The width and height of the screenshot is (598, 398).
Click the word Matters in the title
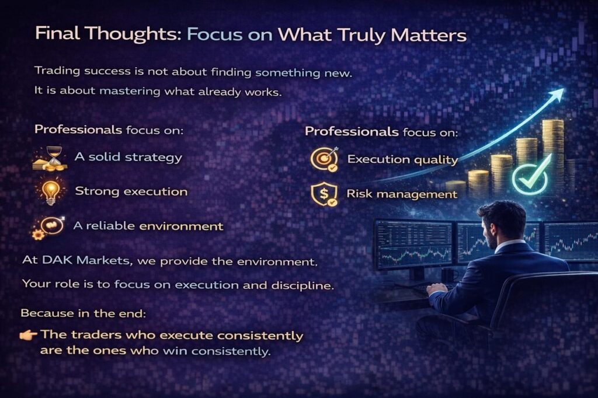[429, 35]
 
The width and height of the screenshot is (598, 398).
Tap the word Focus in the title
[215, 34]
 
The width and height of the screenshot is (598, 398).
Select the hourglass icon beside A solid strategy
[51, 158]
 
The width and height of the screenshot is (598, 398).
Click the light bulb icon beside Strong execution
[51, 192]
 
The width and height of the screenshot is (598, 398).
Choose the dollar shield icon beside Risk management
[324, 194]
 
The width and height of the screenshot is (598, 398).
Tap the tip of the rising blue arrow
[563, 89]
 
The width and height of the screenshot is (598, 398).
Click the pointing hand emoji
[28, 335]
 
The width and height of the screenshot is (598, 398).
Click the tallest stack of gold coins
[554, 152]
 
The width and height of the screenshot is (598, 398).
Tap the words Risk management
[402, 194]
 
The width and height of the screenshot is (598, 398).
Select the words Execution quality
[403, 159]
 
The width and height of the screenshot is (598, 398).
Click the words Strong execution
[131, 191]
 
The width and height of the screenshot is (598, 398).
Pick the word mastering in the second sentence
[130, 92]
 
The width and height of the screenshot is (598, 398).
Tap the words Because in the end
[83, 313]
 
